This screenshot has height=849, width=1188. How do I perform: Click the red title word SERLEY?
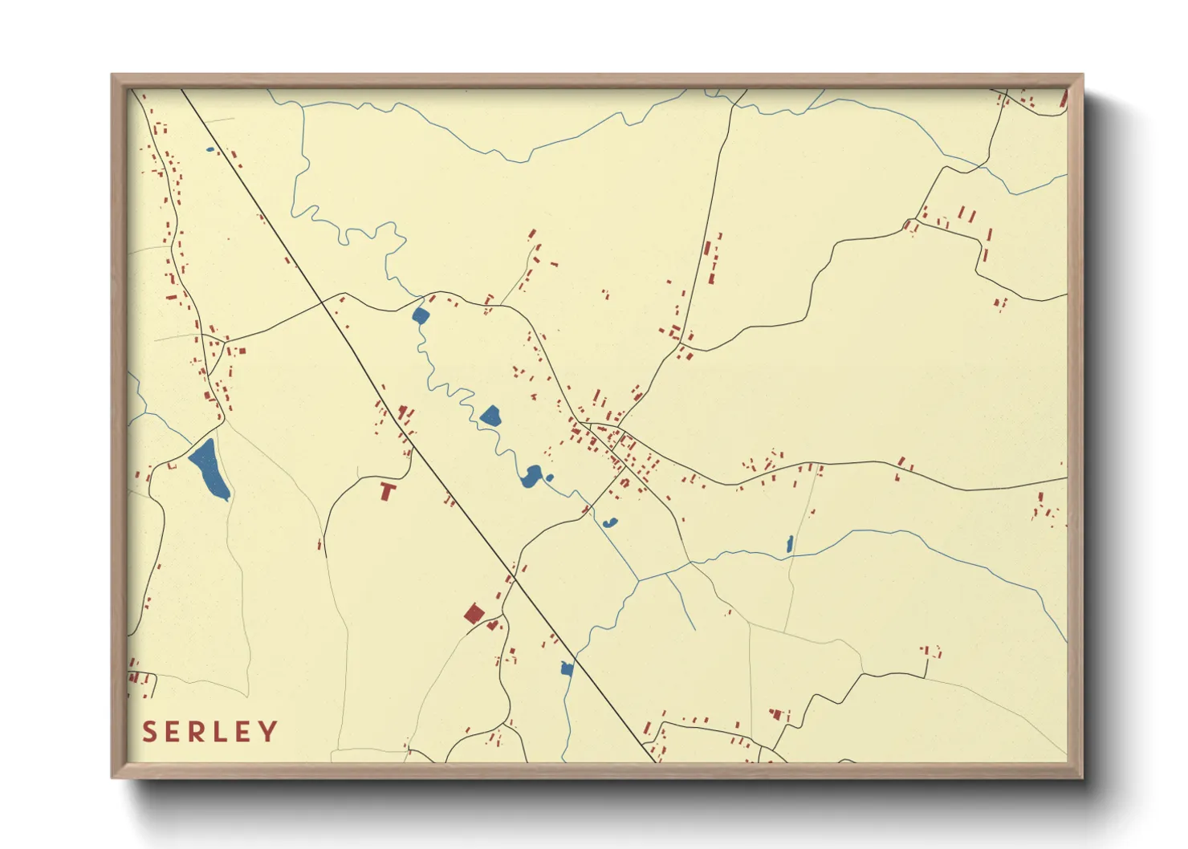click(210, 732)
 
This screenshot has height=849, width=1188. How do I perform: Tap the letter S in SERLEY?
click(149, 732)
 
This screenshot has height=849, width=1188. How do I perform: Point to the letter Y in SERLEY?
click(269, 732)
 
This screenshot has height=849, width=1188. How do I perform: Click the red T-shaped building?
click(388, 489)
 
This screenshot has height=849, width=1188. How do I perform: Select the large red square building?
click(474, 614)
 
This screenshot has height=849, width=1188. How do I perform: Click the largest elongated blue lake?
click(210, 469)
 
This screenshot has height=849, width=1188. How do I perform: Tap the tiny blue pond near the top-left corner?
click(210, 149)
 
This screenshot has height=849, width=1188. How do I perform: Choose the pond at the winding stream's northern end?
click(420, 315)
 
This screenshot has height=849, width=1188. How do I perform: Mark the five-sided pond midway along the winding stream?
click(490, 416)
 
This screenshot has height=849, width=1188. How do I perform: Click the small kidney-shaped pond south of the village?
click(611, 523)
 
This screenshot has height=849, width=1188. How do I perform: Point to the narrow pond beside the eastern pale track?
click(790, 544)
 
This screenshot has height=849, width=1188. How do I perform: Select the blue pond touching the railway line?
click(567, 668)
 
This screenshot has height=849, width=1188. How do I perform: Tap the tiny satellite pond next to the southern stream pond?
click(550, 478)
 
